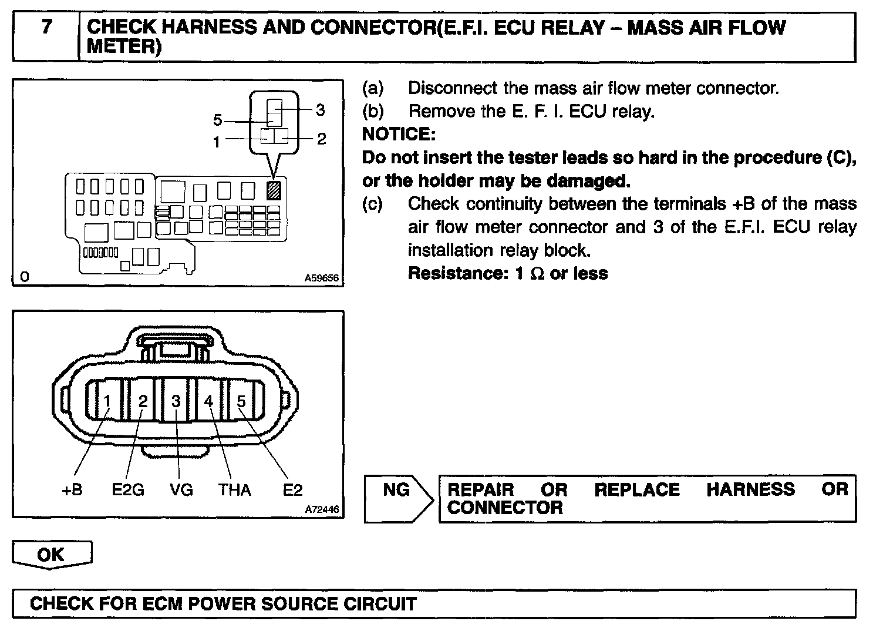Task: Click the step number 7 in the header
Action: [x=46, y=28]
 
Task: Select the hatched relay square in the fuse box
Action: [x=274, y=190]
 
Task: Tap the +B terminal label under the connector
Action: [x=72, y=490]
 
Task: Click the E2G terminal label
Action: [x=128, y=490]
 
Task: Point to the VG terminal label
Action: [x=181, y=490]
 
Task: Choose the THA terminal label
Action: [x=235, y=490]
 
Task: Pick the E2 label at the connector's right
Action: [x=292, y=490]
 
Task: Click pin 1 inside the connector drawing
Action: [x=107, y=401]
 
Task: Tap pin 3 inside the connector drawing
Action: [x=176, y=401]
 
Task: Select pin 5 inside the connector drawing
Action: [x=241, y=401]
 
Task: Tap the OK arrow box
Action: [x=51, y=555]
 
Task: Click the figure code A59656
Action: [x=322, y=278]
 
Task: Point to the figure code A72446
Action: [x=322, y=509]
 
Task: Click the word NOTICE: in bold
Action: [x=399, y=135]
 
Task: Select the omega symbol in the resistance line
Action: [x=537, y=274]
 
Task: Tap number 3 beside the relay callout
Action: [x=321, y=110]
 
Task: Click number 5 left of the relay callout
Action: [x=218, y=120]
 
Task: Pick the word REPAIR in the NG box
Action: [x=481, y=489]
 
